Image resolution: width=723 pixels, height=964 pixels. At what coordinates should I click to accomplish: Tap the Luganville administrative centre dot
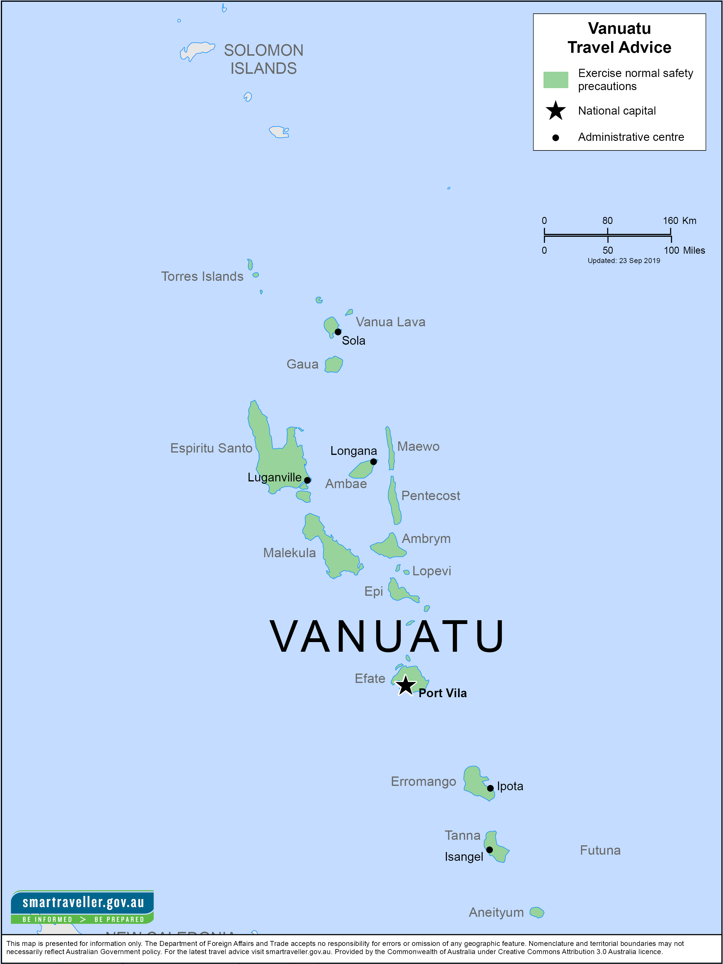click(x=307, y=480)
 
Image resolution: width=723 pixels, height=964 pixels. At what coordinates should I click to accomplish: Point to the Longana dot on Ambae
click(x=373, y=462)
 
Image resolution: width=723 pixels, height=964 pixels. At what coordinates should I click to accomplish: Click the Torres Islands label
click(x=202, y=276)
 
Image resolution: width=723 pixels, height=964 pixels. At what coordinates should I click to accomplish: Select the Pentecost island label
click(x=430, y=495)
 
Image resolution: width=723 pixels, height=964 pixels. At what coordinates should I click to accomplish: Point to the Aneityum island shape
click(x=536, y=912)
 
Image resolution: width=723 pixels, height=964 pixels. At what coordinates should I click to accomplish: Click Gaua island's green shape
click(x=334, y=364)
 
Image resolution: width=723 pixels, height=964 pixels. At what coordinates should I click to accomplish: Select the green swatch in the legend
click(x=555, y=80)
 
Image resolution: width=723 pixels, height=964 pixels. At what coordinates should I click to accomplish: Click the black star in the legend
click(x=556, y=111)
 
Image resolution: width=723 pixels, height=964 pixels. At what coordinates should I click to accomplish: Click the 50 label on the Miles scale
click(x=608, y=250)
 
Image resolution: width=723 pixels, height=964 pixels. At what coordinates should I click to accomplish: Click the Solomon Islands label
click(x=263, y=59)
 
